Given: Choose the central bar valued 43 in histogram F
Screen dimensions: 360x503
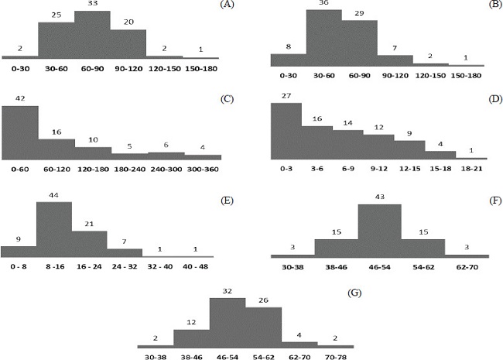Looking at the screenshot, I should coord(379,230).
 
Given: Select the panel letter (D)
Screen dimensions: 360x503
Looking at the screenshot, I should coord(487,99).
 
